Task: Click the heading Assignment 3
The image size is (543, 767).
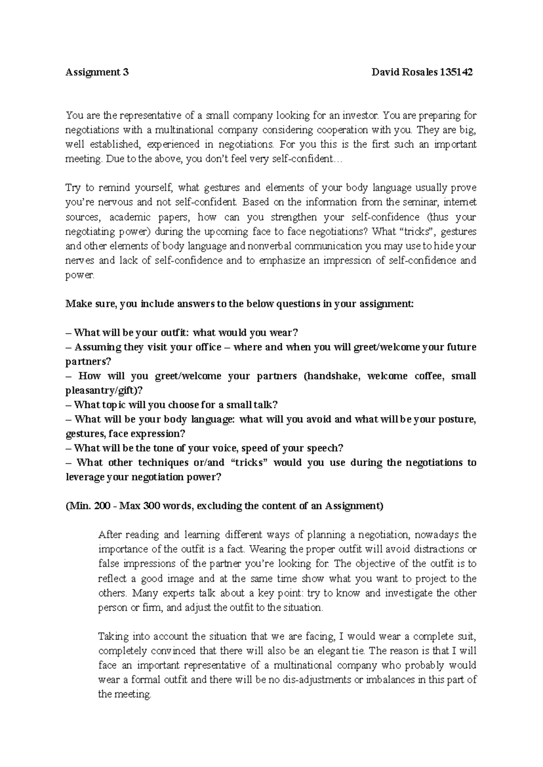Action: tap(97, 72)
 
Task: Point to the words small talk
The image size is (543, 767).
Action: tap(256, 405)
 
